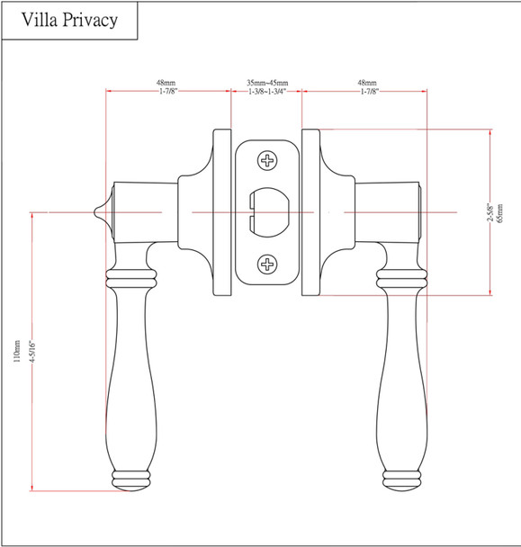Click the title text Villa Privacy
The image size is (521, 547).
tap(70, 21)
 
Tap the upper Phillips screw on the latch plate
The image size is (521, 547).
tap(267, 162)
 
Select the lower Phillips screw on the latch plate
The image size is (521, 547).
tap(267, 264)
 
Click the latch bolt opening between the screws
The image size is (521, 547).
tap(266, 212)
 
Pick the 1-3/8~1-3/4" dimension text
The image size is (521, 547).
tap(266, 92)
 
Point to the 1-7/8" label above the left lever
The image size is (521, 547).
tap(166, 92)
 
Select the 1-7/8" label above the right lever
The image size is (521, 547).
tap(369, 92)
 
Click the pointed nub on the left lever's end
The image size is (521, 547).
tap(97, 211)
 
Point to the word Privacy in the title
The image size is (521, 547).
tap(91, 21)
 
